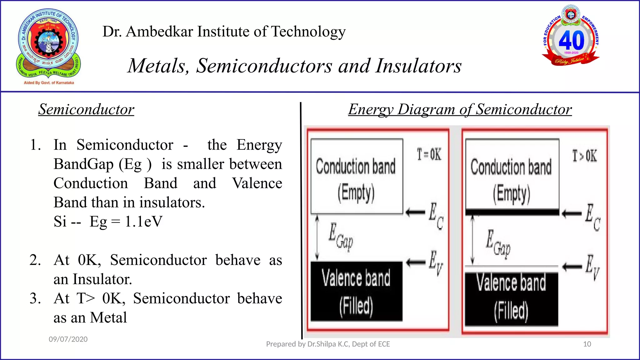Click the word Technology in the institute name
tap(308, 32)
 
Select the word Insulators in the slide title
tap(418, 66)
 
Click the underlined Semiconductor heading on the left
tap(86, 109)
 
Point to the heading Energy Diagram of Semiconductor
tap(460, 109)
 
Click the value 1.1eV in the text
tap(143, 222)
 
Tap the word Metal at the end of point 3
tap(108, 317)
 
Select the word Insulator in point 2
tap(102, 279)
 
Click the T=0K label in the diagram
tap(429, 154)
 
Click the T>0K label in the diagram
tap(584, 156)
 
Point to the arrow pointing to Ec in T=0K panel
tap(415, 212)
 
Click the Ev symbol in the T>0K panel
tap(592, 267)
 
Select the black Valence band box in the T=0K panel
tap(356, 291)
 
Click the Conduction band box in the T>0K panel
tap(512, 175)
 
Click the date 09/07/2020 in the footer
tap(68, 339)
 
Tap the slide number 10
tap(587, 344)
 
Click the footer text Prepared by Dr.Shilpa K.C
tap(328, 344)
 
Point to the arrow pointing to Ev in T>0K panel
tap(572, 267)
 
